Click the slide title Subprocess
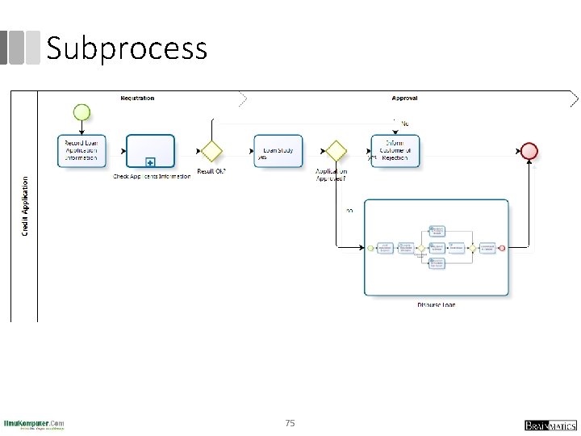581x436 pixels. pyautogui.click(x=127, y=48)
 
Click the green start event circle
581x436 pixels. pyautogui.click(x=82, y=111)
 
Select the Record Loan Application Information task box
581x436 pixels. pyautogui.click(x=81, y=150)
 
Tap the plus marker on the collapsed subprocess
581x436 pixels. pyautogui.click(x=150, y=161)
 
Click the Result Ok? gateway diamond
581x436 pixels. pyautogui.click(x=211, y=151)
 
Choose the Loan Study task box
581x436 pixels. pyautogui.click(x=278, y=150)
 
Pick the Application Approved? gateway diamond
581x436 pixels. pyautogui.click(x=335, y=151)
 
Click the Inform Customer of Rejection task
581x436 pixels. pyautogui.click(x=395, y=150)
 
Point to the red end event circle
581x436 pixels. pyautogui.click(x=529, y=151)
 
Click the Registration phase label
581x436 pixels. pyautogui.click(x=137, y=99)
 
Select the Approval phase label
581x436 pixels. pyautogui.click(x=404, y=99)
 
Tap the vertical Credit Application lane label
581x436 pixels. pyautogui.click(x=24, y=207)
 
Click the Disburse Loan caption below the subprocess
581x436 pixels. pyautogui.click(x=436, y=304)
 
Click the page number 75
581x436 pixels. pyautogui.click(x=290, y=422)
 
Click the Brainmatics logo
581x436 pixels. pyautogui.click(x=550, y=425)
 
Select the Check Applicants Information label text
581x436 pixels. pyautogui.click(x=152, y=176)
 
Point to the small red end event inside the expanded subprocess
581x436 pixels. pyautogui.click(x=502, y=248)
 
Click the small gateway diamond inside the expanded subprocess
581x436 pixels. pyautogui.click(x=420, y=248)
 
